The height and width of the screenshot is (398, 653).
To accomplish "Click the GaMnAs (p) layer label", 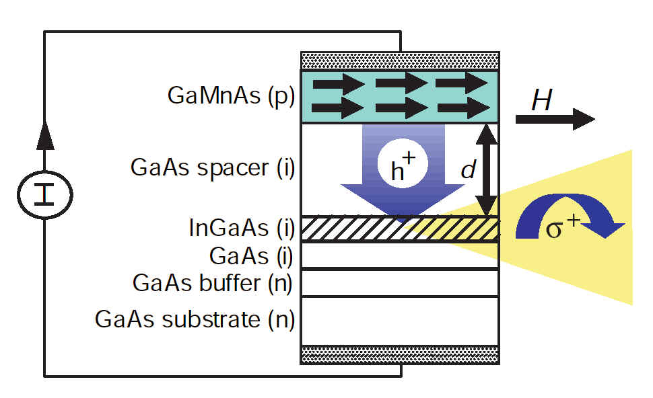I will pyautogui.click(x=231, y=95).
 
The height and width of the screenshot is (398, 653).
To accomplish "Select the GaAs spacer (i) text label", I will pyautogui.click(x=213, y=167).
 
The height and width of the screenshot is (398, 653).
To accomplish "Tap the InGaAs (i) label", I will pyautogui.click(x=242, y=229).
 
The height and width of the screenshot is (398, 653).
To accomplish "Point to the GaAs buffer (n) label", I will pyautogui.click(x=213, y=283).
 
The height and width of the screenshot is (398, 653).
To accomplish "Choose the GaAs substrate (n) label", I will pyautogui.click(x=195, y=319).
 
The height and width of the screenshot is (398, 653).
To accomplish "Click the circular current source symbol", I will pyautogui.click(x=44, y=194).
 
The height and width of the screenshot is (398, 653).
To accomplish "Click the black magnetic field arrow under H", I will pyautogui.click(x=555, y=120).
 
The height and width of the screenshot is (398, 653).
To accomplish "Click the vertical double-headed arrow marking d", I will pyautogui.click(x=486, y=169).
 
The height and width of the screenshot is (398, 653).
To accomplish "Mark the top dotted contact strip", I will pyautogui.click(x=400, y=60).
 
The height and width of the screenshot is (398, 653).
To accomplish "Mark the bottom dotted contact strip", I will pyautogui.click(x=400, y=354).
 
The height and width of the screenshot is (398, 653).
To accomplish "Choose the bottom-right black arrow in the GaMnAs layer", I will pyautogui.click(x=462, y=108).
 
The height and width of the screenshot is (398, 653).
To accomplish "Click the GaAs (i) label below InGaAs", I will pyautogui.click(x=252, y=256).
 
